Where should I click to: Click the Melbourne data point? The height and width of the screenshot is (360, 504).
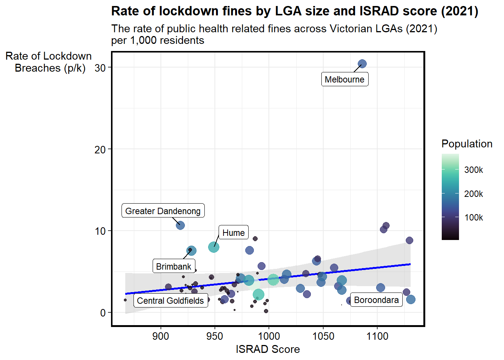click(362, 64)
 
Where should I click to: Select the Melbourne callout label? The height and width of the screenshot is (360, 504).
click(345, 79)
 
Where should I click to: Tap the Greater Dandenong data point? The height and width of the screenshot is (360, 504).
click(180, 225)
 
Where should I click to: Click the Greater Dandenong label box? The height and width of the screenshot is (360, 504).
click(163, 211)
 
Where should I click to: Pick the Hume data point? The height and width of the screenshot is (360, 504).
click(213, 247)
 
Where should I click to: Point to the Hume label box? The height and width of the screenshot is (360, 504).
click(234, 232)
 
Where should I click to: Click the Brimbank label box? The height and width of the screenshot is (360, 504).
click(174, 266)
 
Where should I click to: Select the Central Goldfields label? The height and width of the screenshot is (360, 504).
click(171, 300)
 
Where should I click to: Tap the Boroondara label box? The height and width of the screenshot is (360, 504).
click(376, 300)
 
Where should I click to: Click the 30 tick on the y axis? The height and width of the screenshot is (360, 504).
click(100, 67)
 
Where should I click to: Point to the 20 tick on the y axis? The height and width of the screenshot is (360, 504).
click(100, 149)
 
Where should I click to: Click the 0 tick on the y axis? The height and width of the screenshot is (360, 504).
click(103, 313)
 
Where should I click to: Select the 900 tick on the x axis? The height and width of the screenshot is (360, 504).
click(160, 336)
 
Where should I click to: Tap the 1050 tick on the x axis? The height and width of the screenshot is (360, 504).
click(323, 336)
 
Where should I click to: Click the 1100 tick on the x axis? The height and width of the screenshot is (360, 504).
click(377, 336)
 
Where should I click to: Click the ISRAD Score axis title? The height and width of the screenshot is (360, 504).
click(268, 349)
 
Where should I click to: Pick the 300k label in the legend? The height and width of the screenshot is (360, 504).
click(474, 170)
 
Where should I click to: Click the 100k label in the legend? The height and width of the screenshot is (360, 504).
click(474, 217)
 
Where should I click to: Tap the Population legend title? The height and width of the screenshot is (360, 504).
click(467, 144)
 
